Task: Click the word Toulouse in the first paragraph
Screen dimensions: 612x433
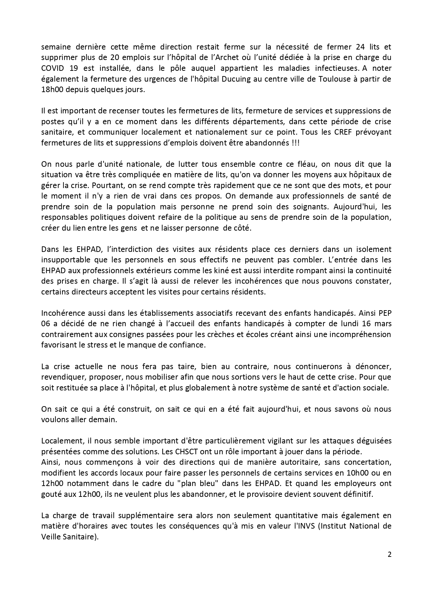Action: point(329,79)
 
